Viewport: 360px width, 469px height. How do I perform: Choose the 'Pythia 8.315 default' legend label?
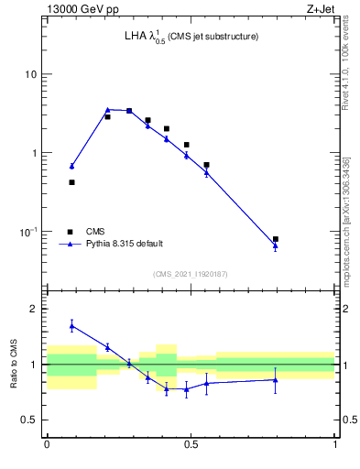[x=125, y=244]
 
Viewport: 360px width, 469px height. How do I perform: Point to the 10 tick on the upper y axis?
[x=30, y=74]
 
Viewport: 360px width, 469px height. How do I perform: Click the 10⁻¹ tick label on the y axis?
[x=27, y=231]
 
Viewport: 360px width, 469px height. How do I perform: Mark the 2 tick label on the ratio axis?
[x=34, y=310]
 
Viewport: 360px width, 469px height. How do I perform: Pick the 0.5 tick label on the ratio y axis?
[x=28, y=420]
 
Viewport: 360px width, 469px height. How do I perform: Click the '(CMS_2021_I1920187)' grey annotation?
[x=191, y=273]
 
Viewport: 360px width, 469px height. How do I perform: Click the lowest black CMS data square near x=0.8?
[x=276, y=239]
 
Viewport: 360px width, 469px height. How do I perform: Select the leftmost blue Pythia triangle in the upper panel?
[x=72, y=166]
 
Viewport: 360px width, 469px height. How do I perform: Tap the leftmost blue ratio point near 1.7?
[x=72, y=325]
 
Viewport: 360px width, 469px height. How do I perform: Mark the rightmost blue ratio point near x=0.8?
[x=276, y=379]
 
